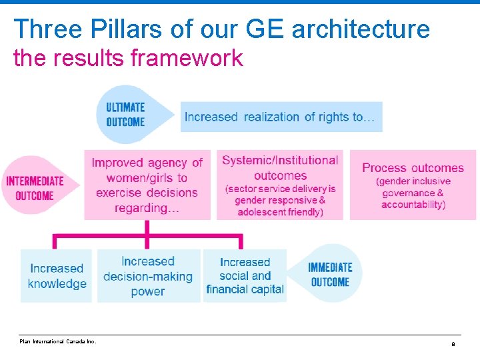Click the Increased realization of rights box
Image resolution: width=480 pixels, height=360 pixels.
pos(281,117)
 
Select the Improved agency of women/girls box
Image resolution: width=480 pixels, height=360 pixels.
pos(147,185)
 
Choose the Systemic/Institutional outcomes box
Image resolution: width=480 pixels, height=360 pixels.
pos(280,185)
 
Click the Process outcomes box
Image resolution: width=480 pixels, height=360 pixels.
pos(413,185)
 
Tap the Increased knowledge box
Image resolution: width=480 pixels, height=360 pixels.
pos(57,276)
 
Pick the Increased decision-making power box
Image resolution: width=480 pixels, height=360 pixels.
pos(148,276)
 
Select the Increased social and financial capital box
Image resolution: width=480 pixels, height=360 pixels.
pos(245,276)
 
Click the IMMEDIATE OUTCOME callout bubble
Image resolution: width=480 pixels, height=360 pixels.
pos(329,274)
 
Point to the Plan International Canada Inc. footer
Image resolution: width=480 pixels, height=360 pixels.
pos(58,341)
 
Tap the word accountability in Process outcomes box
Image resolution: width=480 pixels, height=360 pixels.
pos(413,205)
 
